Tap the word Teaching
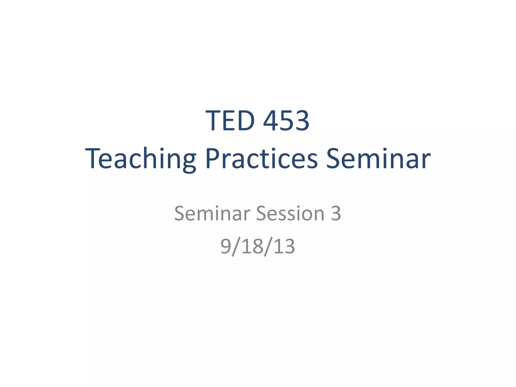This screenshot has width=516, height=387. (x=141, y=159)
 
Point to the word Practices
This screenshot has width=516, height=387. (x=261, y=159)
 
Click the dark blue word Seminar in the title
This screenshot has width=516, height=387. (x=378, y=159)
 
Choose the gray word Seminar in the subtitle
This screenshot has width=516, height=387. (x=212, y=213)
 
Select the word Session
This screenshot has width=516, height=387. (x=290, y=213)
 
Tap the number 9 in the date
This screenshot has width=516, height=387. (x=226, y=246)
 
